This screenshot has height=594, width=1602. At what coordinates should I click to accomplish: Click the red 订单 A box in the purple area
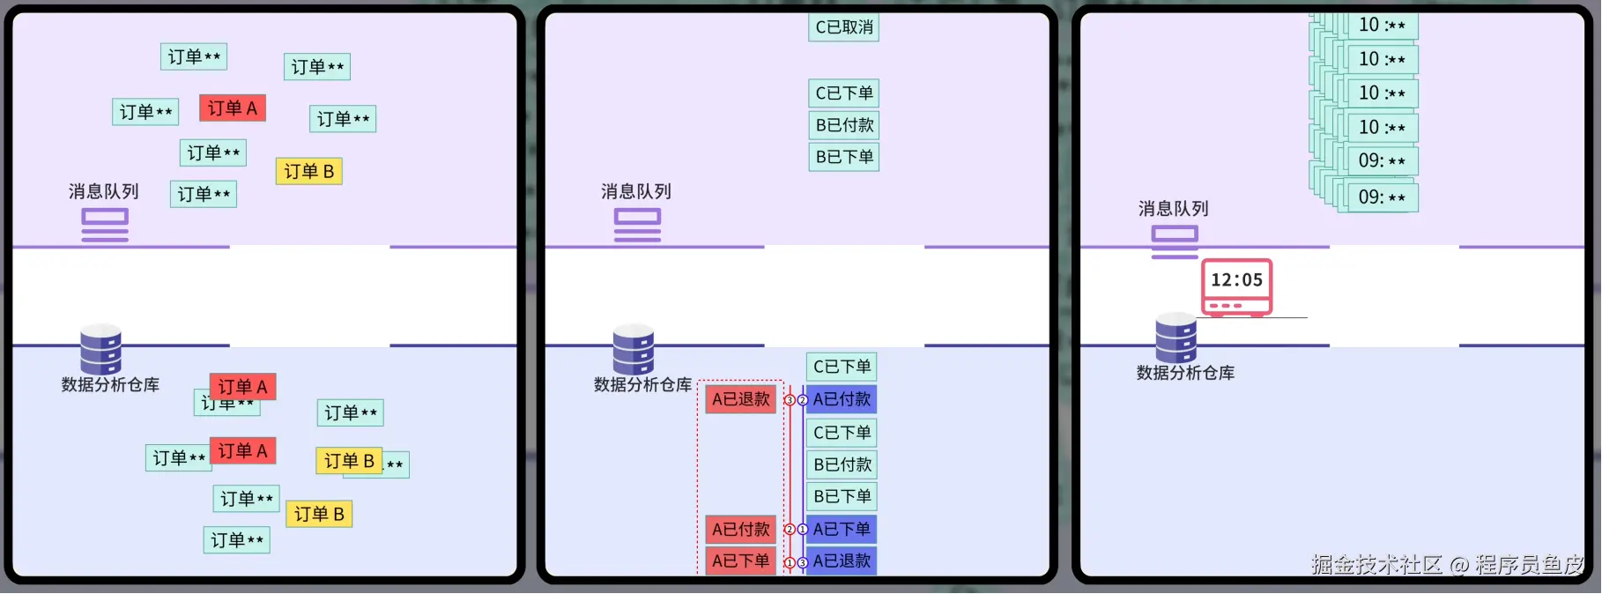(x=233, y=108)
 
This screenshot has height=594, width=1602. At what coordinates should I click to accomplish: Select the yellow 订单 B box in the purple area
(x=308, y=171)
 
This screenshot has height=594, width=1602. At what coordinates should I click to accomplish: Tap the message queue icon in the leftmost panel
(x=105, y=225)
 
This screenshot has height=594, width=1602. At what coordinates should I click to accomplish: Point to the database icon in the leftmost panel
(x=100, y=350)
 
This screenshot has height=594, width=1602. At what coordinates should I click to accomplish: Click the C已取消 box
(x=843, y=27)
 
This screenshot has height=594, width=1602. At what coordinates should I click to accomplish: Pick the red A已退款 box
(x=740, y=399)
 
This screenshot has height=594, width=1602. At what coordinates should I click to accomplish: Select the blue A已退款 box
(x=842, y=561)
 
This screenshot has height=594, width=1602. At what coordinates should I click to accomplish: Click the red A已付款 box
(x=740, y=530)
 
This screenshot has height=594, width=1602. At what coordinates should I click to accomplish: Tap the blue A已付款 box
(x=842, y=399)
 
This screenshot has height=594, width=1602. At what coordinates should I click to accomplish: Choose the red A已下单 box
(x=740, y=561)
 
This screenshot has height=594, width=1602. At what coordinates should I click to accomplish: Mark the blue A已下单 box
(x=842, y=530)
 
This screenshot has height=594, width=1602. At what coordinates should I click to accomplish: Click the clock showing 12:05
(x=1236, y=286)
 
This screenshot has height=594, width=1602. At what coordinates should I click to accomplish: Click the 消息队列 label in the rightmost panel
(x=1173, y=209)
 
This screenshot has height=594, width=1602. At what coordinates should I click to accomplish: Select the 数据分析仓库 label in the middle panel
(x=642, y=385)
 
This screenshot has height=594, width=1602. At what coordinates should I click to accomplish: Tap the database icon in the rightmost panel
(x=1176, y=338)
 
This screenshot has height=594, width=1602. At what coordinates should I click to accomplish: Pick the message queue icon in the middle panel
(x=637, y=225)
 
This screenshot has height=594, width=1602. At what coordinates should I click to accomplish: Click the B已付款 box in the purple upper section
(x=843, y=125)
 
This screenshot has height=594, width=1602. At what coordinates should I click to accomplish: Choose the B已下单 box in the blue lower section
(x=842, y=496)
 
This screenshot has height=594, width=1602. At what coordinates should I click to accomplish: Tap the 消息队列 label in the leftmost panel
(x=104, y=192)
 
